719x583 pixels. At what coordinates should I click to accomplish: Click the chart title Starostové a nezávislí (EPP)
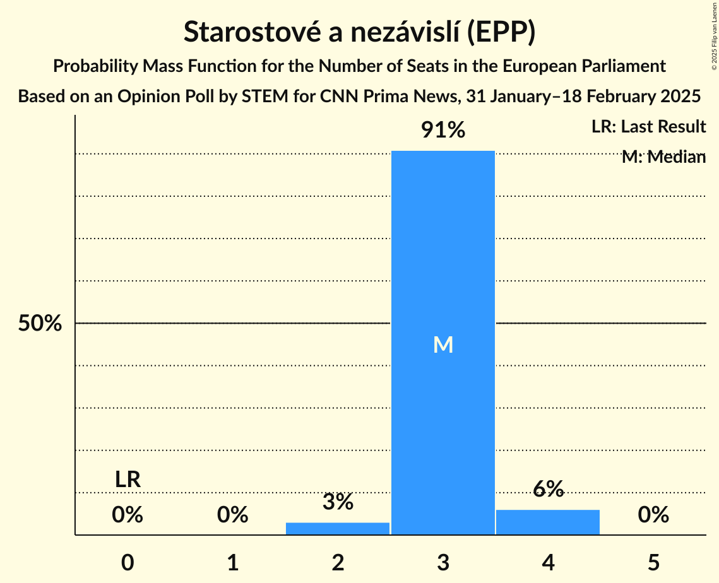point(359,33)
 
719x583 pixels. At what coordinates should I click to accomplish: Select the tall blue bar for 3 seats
point(443,252)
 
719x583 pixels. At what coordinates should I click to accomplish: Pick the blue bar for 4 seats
point(548,522)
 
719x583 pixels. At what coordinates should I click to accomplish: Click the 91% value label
point(443,131)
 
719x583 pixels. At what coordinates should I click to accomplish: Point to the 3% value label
point(338,502)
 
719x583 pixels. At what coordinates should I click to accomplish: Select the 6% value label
point(548,489)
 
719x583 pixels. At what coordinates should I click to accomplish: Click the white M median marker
point(443,344)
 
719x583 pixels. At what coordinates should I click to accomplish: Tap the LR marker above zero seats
point(128,480)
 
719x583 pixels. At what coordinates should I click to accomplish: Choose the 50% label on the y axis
point(40,324)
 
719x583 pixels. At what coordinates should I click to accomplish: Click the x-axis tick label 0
point(128,562)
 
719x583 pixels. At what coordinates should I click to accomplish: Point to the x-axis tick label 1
point(233,562)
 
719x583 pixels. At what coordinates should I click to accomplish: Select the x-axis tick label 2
point(338,562)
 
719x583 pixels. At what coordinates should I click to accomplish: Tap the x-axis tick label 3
point(443,562)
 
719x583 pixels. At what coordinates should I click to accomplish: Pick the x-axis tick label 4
point(548,562)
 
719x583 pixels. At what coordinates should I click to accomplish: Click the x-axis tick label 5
point(653,562)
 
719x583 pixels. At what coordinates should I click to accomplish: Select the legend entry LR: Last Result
point(648,127)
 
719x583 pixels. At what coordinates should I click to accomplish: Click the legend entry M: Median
point(663,157)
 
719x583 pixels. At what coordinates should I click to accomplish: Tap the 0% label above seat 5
point(653,515)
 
